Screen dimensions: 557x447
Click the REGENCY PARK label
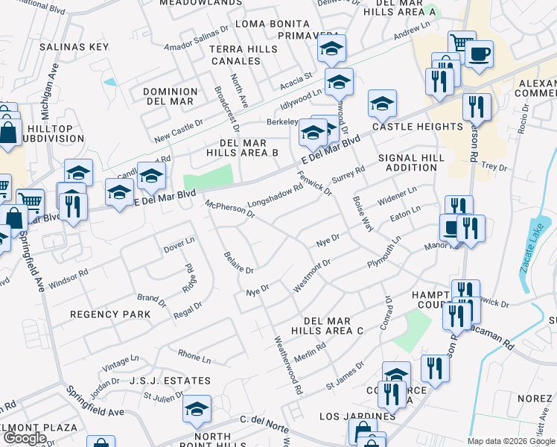110,314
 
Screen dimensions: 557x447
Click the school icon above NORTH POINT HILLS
197,409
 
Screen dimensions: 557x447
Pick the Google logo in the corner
25,437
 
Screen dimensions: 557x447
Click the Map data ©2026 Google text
510,441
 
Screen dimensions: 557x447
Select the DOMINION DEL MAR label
170,96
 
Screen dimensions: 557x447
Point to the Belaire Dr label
239,262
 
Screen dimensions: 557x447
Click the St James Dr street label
345,376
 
